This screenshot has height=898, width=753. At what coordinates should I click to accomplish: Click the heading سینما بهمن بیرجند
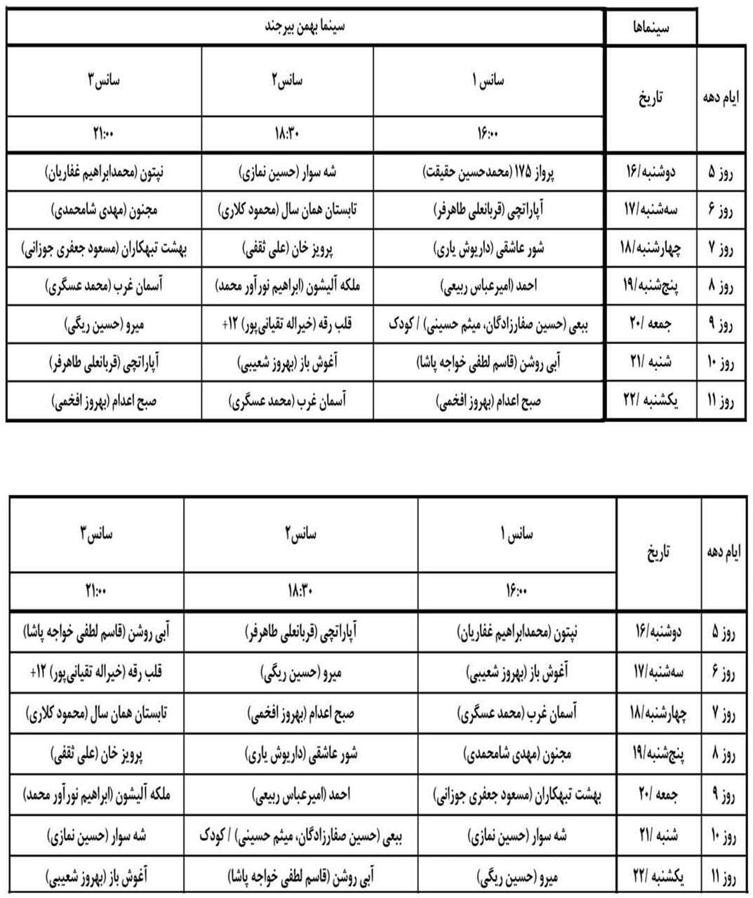[x=306, y=27]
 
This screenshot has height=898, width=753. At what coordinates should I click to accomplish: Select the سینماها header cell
[x=651, y=27]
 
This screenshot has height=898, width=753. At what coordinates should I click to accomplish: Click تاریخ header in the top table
[x=649, y=98]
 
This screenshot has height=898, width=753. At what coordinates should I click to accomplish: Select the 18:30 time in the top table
[x=287, y=133]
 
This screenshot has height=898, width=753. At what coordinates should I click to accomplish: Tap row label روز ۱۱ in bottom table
[x=723, y=876]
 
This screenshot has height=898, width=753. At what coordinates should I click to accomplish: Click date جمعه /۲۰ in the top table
[x=649, y=324]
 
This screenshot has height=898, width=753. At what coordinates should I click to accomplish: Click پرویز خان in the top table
[x=287, y=248]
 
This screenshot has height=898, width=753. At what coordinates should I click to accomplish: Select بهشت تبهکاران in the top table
[x=104, y=248]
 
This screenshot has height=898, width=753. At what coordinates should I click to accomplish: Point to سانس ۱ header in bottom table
[x=517, y=535]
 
